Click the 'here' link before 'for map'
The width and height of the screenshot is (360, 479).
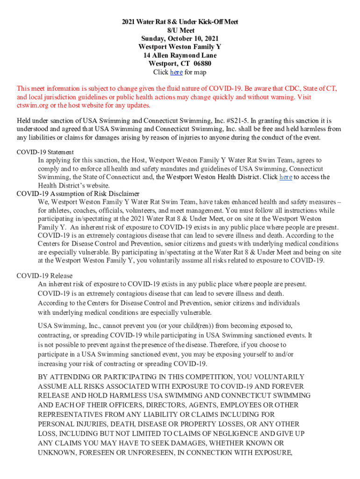[176, 73]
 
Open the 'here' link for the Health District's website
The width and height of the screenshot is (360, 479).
[286, 177]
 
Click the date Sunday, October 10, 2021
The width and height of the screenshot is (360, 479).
[180, 39]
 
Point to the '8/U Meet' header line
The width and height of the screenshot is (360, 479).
[180, 30]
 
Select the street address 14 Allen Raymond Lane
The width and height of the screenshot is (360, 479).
[180, 56]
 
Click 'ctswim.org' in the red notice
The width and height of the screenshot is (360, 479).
[32, 105]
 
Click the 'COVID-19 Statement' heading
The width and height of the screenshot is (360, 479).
[45, 152]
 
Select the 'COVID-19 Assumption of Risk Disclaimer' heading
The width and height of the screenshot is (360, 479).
[78, 194]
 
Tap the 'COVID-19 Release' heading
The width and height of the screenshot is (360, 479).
[44, 276]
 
